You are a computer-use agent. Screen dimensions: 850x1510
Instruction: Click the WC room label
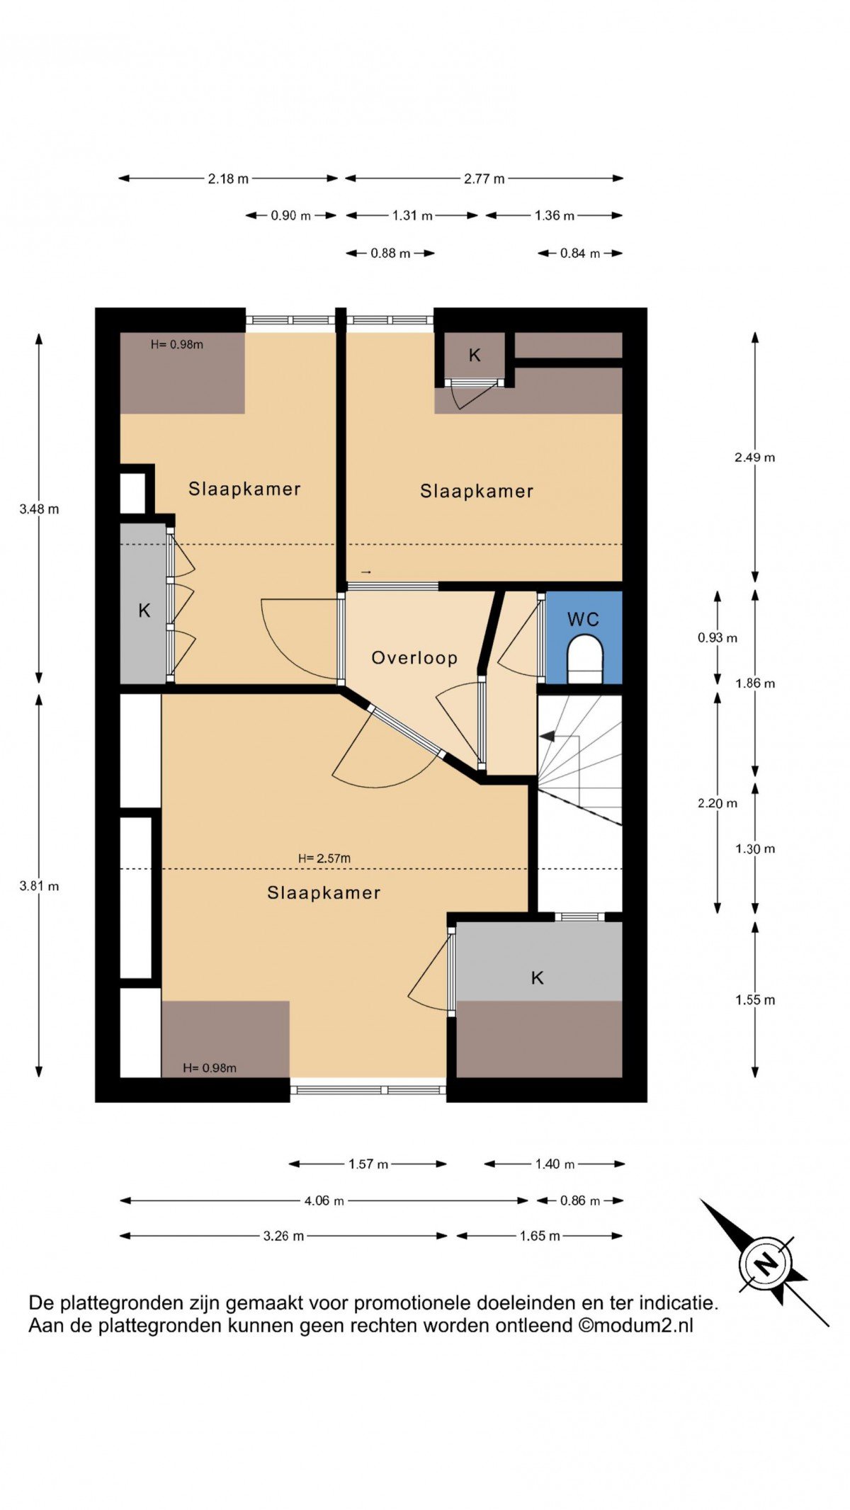583,620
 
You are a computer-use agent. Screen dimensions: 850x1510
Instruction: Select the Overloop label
414,658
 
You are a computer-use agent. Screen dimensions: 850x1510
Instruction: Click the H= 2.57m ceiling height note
324,858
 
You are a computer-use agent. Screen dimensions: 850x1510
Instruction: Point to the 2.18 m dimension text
228,179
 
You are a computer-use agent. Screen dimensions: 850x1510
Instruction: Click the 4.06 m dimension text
324,1200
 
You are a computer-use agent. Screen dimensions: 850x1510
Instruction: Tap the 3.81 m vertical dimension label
39,886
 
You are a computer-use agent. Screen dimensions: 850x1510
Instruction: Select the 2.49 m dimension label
755,458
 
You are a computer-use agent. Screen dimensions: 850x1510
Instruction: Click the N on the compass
764,1264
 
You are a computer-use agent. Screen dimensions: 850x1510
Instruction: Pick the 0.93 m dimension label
718,638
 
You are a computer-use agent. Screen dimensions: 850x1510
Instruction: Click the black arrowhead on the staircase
547,737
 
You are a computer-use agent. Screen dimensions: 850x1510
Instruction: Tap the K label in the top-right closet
475,356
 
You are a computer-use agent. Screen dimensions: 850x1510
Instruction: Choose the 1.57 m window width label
368,1164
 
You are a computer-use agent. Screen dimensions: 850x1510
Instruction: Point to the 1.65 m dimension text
540,1236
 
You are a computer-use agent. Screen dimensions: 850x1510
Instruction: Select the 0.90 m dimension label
291,216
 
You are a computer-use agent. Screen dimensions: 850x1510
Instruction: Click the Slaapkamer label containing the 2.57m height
324,893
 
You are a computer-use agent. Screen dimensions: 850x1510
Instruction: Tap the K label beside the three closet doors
144,611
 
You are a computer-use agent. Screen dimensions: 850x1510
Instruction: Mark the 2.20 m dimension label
718,803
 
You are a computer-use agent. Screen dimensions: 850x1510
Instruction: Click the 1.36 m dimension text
555,216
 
